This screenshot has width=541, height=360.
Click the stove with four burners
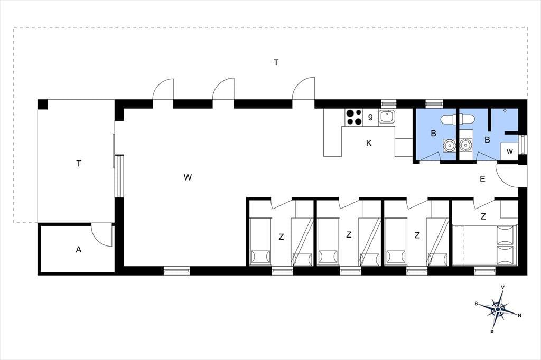[353, 117]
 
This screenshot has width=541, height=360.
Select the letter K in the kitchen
[369, 143]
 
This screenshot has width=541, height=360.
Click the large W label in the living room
[188, 177]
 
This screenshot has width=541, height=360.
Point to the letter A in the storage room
[79, 249]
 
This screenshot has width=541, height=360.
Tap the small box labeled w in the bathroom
[510, 151]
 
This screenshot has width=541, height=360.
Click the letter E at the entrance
[482, 179]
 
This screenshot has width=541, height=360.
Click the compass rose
[498, 309]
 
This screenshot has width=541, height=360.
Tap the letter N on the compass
[520, 315]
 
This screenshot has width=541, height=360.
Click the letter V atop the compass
[503, 287]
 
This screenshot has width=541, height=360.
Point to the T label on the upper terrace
[276, 62]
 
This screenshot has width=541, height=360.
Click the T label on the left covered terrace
[79, 164]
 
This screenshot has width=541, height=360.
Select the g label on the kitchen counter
[370, 116]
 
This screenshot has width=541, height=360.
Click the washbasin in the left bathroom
[449, 145]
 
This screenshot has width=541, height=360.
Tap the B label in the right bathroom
[487, 140]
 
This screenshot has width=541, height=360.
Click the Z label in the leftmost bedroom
[281, 237]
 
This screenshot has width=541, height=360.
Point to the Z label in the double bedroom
[483, 216]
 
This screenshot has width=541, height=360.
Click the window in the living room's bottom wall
[176, 271]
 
